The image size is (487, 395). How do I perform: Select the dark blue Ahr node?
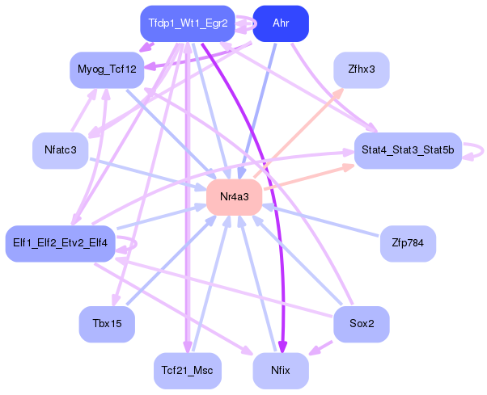[281, 23]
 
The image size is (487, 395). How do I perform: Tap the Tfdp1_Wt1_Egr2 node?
[187, 23]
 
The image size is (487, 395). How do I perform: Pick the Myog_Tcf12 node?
[106, 70]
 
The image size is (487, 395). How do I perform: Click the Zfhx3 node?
[361, 70]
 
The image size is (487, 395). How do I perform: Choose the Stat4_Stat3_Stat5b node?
[407, 150]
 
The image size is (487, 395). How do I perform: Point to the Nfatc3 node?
[60, 150]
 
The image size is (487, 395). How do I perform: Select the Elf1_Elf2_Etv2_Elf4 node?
[61, 243]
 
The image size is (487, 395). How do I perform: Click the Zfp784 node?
[408, 243]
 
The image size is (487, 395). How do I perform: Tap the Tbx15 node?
[106, 324]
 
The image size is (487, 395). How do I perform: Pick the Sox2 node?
[361, 324]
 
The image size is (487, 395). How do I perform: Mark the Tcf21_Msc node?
[187, 371]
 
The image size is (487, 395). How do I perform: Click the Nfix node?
[281, 371]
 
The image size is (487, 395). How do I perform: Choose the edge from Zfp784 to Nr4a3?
[324, 221]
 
